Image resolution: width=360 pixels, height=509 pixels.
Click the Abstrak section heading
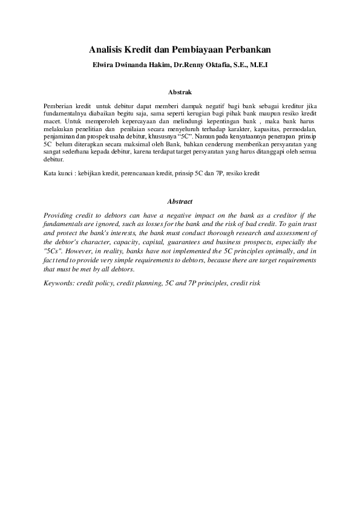pyautogui.click(x=180, y=92)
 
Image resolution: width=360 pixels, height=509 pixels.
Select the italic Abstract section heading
pyautogui.click(x=180, y=201)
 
